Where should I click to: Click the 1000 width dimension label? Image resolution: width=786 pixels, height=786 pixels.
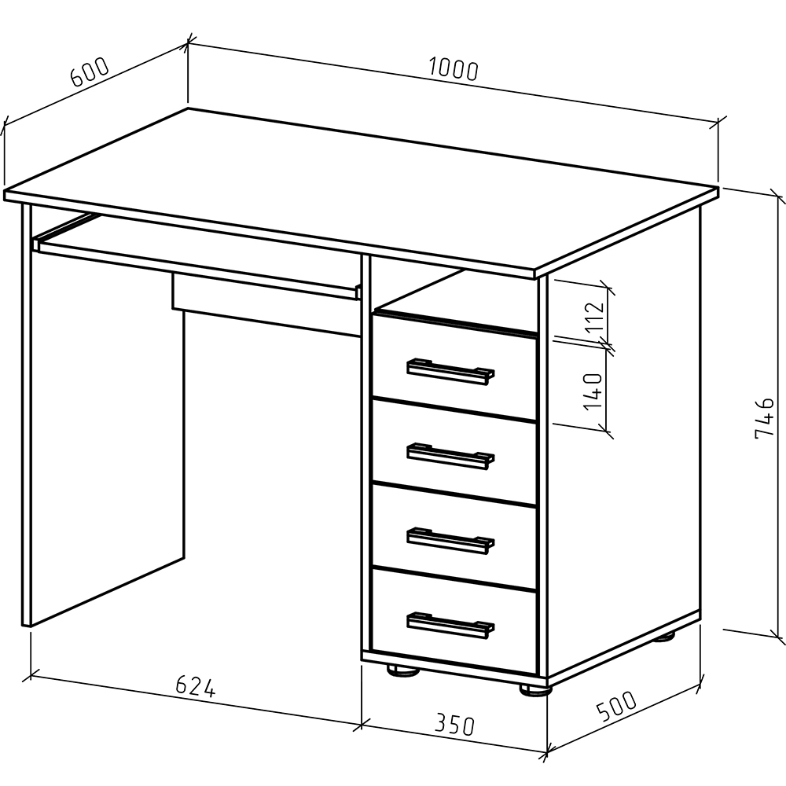[454, 70]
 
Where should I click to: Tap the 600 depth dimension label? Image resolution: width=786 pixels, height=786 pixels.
[90, 72]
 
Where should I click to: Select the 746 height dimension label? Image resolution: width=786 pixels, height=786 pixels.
[764, 417]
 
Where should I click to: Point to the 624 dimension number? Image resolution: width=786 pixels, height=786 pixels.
[196, 686]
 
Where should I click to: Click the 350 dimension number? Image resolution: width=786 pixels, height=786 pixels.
[454, 725]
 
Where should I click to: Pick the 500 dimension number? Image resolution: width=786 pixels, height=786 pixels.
[616, 705]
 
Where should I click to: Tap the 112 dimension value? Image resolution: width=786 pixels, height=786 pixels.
[596, 317]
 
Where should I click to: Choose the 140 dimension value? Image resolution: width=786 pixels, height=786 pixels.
[593, 391]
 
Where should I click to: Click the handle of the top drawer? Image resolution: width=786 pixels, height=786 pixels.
[450, 372]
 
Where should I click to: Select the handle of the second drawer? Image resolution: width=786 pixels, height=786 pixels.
[450, 456]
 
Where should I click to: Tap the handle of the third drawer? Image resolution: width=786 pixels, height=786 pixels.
[450, 541]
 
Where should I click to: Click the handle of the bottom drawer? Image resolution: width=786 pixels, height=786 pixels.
[450, 626]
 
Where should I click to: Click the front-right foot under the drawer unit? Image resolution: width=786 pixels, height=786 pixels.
[535, 690]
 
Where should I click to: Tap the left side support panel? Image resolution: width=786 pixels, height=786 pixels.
[103, 416]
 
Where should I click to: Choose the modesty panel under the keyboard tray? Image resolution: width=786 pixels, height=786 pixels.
[266, 304]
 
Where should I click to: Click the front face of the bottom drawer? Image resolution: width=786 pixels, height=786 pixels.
[454, 621]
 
